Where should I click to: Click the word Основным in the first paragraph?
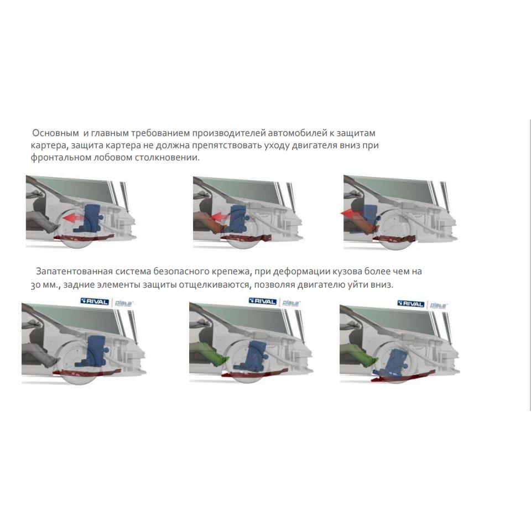point(55,133)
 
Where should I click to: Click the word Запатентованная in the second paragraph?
point(74,271)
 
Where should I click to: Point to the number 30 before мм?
point(35,285)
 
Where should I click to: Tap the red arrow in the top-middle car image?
point(220,217)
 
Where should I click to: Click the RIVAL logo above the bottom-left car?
point(95,301)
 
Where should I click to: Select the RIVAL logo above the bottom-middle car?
point(262,301)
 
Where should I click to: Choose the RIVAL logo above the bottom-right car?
point(411,304)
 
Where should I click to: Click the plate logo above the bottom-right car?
point(438,305)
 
